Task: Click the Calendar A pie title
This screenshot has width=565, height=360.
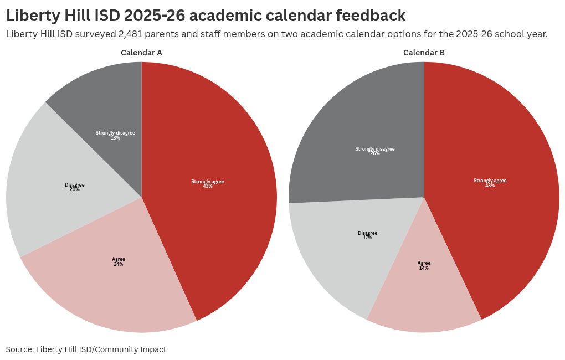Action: pyautogui.click(x=141, y=53)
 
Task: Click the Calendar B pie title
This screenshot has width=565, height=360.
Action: pyautogui.click(x=424, y=53)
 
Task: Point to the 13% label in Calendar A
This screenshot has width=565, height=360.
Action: pyautogui.click(x=115, y=138)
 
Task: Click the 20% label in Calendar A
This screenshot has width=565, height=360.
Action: pyautogui.click(x=74, y=189)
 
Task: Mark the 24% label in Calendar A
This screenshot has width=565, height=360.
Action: pyautogui.click(x=118, y=264)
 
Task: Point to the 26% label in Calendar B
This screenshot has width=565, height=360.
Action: pyautogui.click(x=375, y=153)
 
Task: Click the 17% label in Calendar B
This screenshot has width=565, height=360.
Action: pyautogui.click(x=367, y=238)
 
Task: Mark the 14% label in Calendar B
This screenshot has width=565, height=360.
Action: pyautogui.click(x=424, y=268)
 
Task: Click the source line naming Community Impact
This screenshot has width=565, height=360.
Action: pyautogui.click(x=86, y=349)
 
